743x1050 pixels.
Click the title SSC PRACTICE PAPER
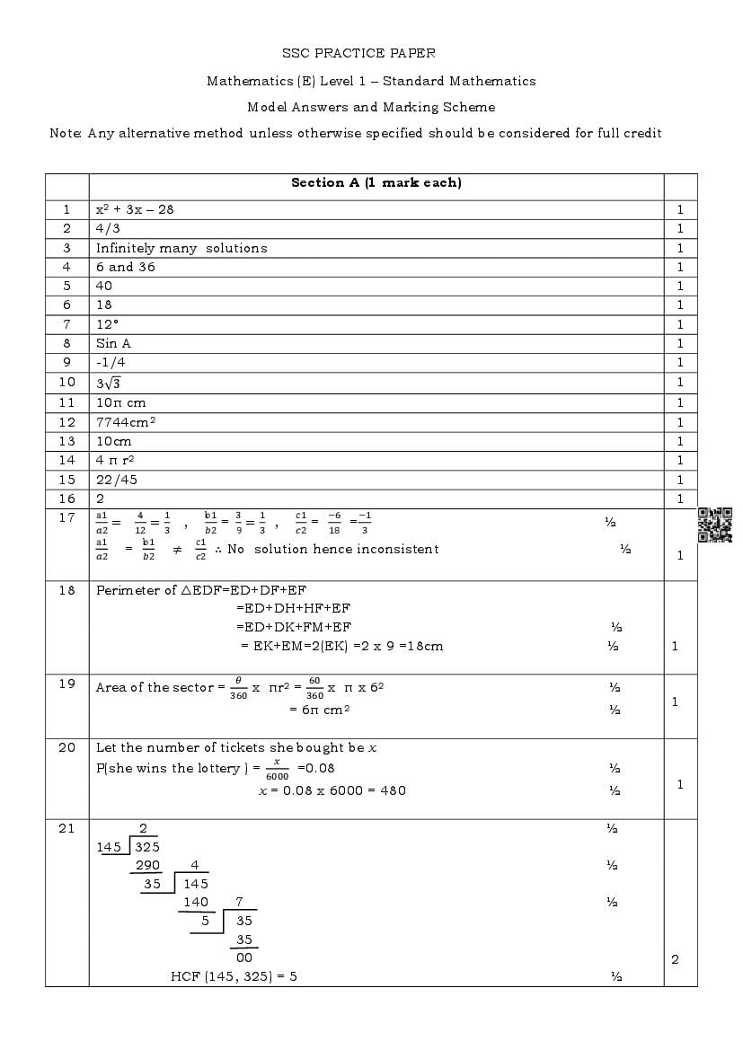click(371, 54)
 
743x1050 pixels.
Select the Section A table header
click(376, 183)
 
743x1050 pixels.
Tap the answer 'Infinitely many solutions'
click(181, 248)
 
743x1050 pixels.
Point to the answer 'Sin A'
click(113, 343)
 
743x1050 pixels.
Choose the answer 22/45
click(117, 480)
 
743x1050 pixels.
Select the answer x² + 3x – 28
click(135, 209)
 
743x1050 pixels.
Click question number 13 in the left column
click(66, 441)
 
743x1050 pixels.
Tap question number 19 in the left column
click(66, 684)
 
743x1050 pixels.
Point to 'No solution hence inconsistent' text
click(332, 549)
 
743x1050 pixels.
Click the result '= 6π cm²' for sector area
click(319, 710)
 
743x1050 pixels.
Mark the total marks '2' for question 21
click(675, 959)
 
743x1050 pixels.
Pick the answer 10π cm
click(120, 403)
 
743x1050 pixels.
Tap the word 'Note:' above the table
click(66, 133)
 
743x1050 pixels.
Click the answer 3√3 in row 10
click(109, 383)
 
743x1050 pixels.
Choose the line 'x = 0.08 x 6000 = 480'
click(332, 790)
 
